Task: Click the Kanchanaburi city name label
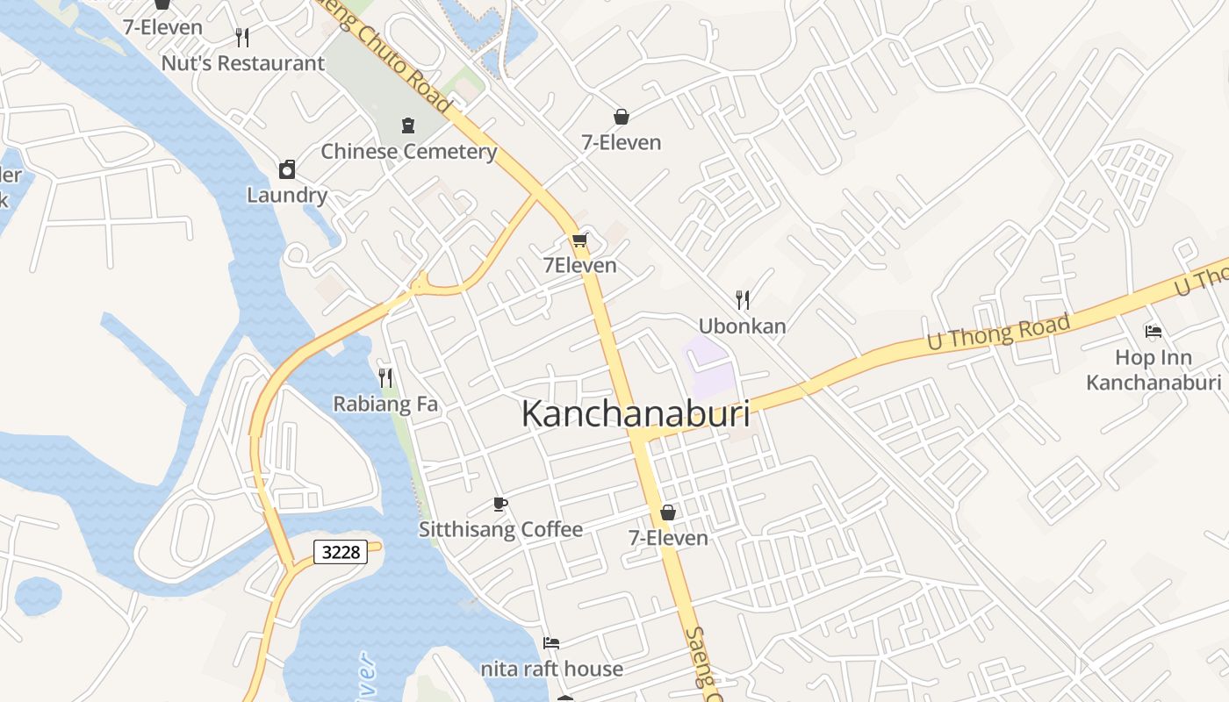(x=636, y=414)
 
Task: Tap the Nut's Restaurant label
(x=243, y=63)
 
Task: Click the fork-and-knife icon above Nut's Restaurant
(x=243, y=37)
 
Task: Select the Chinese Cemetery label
(x=408, y=151)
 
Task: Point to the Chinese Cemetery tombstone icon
(x=408, y=125)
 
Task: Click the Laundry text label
(x=287, y=195)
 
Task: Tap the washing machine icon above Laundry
(x=287, y=169)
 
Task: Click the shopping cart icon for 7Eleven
(x=579, y=240)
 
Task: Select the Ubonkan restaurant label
(x=743, y=326)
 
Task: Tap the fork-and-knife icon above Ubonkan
(x=743, y=300)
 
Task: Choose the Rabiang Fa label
(x=385, y=405)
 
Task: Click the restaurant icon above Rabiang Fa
(x=385, y=378)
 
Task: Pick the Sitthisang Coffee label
(x=500, y=529)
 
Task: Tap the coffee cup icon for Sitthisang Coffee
(x=500, y=504)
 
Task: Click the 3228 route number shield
(x=341, y=552)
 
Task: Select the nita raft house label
(x=551, y=669)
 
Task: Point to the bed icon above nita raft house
(x=551, y=643)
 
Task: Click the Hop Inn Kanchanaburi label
(x=1154, y=369)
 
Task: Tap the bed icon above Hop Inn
(x=1154, y=332)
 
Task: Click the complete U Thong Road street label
(x=999, y=333)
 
